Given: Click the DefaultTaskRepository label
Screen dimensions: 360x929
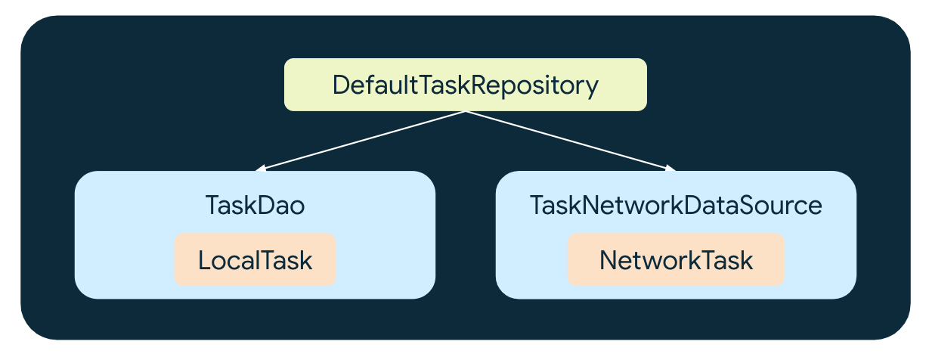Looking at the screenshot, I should click(465, 85).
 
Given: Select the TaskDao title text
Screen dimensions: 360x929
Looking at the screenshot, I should click(255, 206).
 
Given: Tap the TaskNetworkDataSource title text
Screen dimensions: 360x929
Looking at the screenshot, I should click(675, 206).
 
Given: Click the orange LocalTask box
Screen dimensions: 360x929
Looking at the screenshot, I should click(255, 260).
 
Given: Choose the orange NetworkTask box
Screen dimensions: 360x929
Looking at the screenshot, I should click(676, 260).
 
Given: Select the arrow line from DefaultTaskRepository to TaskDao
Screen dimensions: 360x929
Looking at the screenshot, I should click(363, 141).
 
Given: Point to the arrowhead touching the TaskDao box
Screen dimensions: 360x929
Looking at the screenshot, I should click(261, 169).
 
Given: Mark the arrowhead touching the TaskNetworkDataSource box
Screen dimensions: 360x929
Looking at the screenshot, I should click(670, 169).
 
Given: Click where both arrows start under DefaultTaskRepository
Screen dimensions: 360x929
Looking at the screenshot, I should click(466, 112).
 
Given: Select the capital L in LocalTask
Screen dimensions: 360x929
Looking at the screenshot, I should click(204, 260).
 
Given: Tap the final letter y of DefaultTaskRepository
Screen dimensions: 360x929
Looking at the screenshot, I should click(591, 88).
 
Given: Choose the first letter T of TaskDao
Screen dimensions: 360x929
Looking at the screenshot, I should click(212, 206).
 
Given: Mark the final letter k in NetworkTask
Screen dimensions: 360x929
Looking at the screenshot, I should click(746, 260).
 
